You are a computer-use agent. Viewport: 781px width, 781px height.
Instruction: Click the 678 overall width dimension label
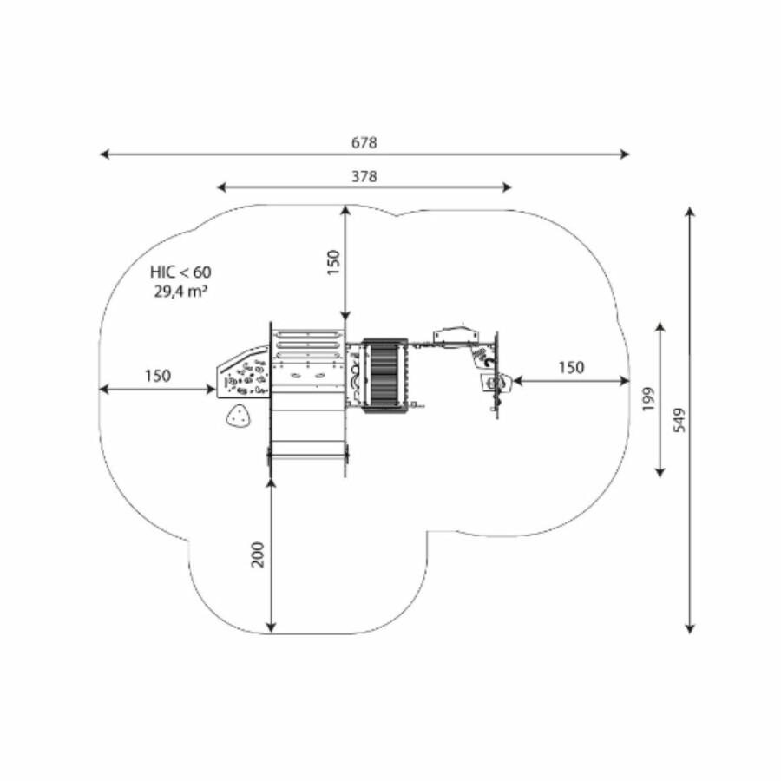coord(364,143)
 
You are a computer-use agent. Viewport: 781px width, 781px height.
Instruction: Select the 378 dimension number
coord(364,177)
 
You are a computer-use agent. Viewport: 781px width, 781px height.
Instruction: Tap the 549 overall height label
coord(679,420)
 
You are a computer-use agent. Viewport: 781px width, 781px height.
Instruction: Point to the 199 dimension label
coord(648,398)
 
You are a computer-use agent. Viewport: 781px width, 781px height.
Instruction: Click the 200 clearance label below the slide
coord(258,554)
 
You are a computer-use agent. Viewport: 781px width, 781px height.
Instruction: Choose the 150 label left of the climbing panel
coord(158,376)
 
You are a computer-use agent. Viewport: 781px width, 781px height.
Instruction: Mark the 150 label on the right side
coord(571,368)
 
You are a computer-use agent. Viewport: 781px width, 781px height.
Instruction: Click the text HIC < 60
coord(180,272)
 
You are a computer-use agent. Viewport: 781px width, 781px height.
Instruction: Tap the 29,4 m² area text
coord(180,291)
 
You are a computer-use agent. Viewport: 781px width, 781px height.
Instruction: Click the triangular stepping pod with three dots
coord(239,417)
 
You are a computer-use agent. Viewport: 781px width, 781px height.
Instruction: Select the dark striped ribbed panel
coord(385,376)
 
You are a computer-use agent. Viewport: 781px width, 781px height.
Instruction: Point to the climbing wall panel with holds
coord(244,371)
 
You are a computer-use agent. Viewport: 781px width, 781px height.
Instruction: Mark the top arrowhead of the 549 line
coord(690,211)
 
